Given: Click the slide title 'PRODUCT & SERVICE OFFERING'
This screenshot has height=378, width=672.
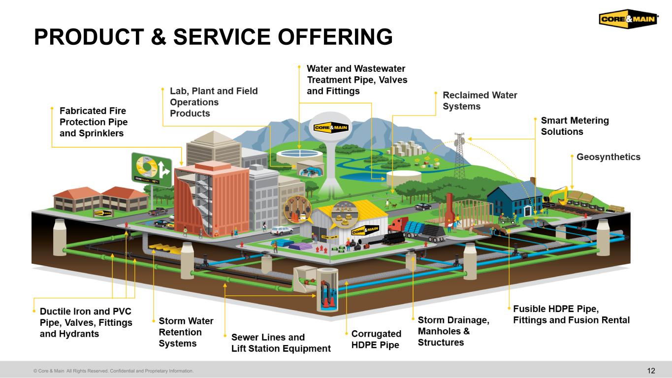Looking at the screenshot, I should (213, 37).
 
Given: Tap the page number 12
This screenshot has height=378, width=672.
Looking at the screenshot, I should (651, 371).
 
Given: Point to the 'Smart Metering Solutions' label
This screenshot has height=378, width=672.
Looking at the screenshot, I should (575, 126).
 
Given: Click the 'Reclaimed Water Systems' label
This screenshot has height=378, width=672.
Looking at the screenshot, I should (480, 100).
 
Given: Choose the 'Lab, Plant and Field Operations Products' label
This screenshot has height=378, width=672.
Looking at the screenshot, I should (214, 102).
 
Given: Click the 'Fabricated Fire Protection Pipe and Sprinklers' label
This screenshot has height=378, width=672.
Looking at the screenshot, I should (93, 122).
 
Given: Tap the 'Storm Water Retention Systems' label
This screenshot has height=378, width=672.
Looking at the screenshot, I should (186, 332).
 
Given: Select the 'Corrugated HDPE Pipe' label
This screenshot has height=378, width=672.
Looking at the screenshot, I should (376, 339).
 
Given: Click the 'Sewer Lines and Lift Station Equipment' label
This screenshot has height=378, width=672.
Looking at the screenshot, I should (281, 343).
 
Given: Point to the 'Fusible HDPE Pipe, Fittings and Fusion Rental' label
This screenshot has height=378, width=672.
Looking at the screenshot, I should (571, 315).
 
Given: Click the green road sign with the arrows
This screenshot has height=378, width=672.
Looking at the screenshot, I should (151, 170).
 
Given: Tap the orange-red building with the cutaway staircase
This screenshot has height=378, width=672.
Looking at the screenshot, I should (212, 199).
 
